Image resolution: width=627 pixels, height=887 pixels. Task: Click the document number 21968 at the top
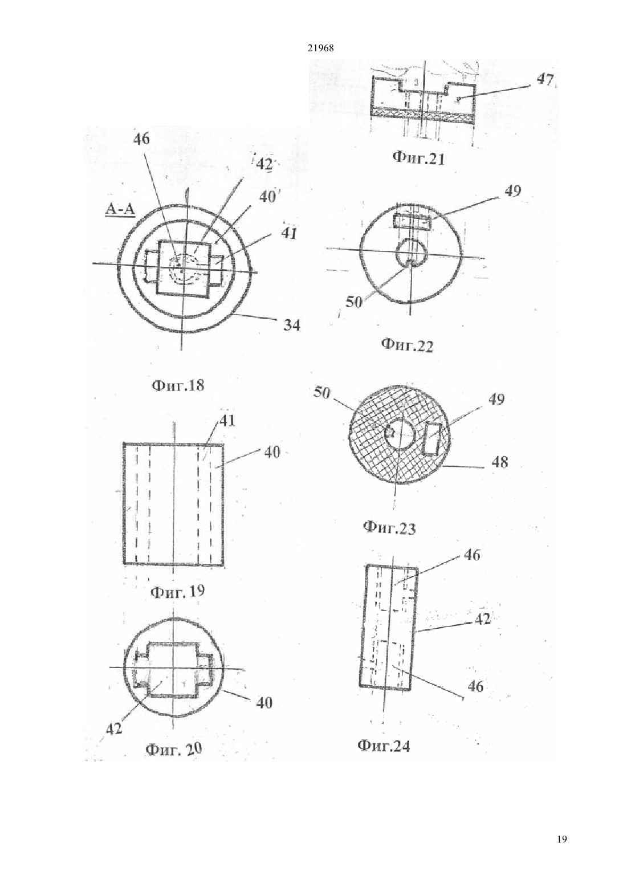point(320,48)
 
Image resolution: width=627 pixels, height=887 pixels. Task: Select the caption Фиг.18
point(178,385)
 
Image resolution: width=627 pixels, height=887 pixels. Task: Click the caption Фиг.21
point(418,159)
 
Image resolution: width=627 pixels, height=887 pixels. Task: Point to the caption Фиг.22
point(407,345)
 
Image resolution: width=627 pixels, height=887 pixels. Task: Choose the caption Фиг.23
point(389,528)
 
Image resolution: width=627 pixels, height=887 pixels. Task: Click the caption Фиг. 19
point(178,592)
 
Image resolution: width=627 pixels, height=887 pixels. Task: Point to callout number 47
point(545,80)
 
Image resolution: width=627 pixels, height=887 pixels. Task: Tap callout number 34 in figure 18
point(291,325)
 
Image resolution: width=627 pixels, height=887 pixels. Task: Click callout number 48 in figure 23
point(499,462)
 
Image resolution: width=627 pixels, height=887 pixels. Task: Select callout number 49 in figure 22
point(512,192)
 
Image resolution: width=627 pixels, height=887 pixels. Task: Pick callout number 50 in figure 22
point(354,303)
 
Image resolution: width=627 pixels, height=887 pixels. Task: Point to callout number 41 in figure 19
point(227,421)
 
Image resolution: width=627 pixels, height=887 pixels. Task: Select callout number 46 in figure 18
point(142,139)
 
